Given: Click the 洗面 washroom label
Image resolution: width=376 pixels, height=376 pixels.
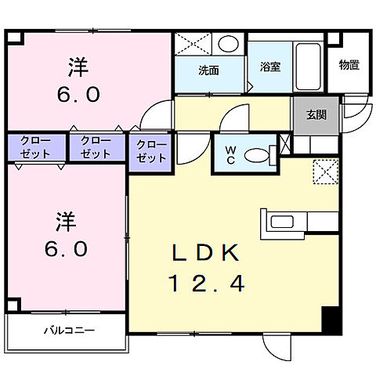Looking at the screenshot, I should (x=208, y=70).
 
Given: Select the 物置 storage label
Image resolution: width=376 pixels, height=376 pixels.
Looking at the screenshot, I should (x=349, y=65).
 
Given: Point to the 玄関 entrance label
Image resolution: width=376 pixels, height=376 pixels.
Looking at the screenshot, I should (x=316, y=115).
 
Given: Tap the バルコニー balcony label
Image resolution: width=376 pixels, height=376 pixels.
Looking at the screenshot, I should (x=68, y=330).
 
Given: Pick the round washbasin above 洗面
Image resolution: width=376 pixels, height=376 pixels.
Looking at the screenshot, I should (x=229, y=44).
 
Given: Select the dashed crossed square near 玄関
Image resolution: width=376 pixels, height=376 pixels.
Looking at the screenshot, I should (x=324, y=171).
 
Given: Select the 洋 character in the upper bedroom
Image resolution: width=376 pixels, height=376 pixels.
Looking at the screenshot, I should (x=76, y=67).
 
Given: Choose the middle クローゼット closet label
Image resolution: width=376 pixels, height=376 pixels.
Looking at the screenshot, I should (x=96, y=147).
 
